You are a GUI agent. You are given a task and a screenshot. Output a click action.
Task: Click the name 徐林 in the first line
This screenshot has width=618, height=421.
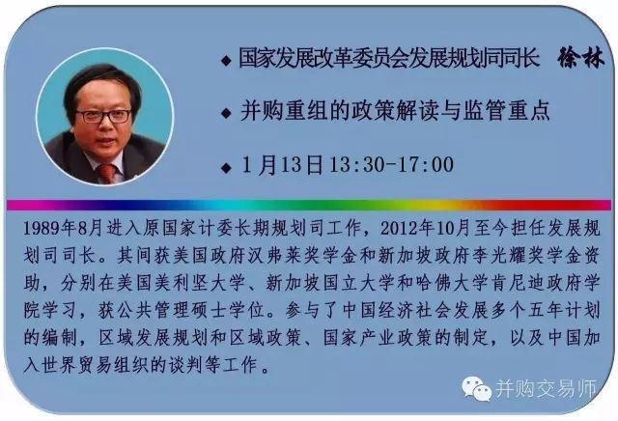point(580,59)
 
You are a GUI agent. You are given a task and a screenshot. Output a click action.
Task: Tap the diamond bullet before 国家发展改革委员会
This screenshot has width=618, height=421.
point(226,61)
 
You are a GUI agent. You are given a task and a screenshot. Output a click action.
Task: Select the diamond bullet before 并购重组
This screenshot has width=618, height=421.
point(226,114)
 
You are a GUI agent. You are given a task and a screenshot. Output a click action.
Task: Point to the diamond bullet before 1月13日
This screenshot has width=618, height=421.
point(226,168)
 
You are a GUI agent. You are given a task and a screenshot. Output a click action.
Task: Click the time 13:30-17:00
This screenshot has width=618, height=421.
point(391,164)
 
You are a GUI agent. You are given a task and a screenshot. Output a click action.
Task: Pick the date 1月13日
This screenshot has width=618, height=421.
point(282,165)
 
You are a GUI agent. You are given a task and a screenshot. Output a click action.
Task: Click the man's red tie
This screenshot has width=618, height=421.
point(107,173)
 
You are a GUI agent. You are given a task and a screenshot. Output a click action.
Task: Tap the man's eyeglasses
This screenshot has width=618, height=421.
point(104,116)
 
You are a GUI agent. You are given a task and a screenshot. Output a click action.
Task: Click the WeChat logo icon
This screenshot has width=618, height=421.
point(477,389)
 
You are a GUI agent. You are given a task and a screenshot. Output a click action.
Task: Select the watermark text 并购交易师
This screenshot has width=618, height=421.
point(547,389)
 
